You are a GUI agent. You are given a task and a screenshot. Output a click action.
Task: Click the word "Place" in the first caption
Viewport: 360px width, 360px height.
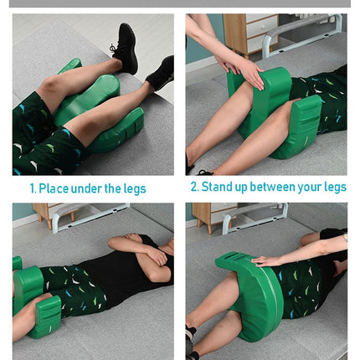[54, 188]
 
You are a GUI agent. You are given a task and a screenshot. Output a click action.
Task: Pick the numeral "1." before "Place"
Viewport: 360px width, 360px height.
[33, 188]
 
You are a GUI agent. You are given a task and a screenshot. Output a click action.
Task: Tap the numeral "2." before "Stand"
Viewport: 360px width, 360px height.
[194, 187]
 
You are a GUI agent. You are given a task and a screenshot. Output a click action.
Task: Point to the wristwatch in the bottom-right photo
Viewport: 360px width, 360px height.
[346, 237]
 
